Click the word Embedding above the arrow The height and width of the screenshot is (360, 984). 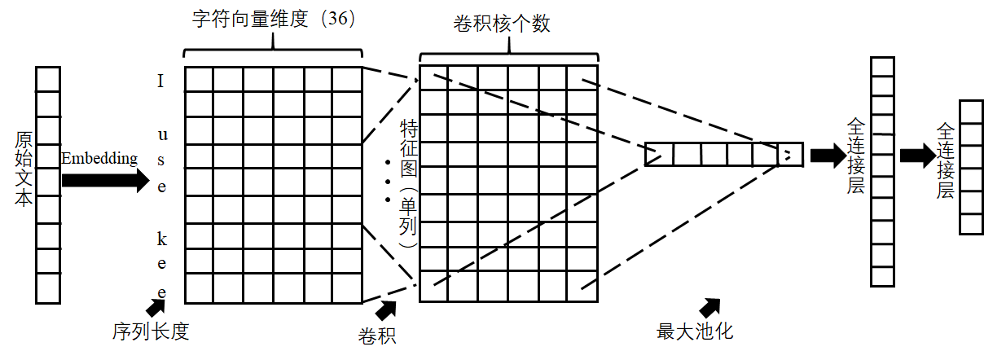click(x=99, y=158)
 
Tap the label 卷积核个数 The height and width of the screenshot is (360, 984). click(x=502, y=24)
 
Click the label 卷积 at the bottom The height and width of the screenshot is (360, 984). click(x=377, y=334)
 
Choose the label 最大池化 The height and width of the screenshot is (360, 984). click(x=696, y=331)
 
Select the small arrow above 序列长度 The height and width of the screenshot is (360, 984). click(x=156, y=306)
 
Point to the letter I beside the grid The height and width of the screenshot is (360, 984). click(x=161, y=81)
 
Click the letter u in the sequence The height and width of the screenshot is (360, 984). click(x=161, y=133)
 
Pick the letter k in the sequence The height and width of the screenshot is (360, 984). click(x=161, y=238)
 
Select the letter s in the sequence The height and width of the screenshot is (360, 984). click(x=161, y=159)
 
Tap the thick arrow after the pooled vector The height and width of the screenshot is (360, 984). click(x=828, y=156)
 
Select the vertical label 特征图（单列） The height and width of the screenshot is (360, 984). click(x=407, y=183)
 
